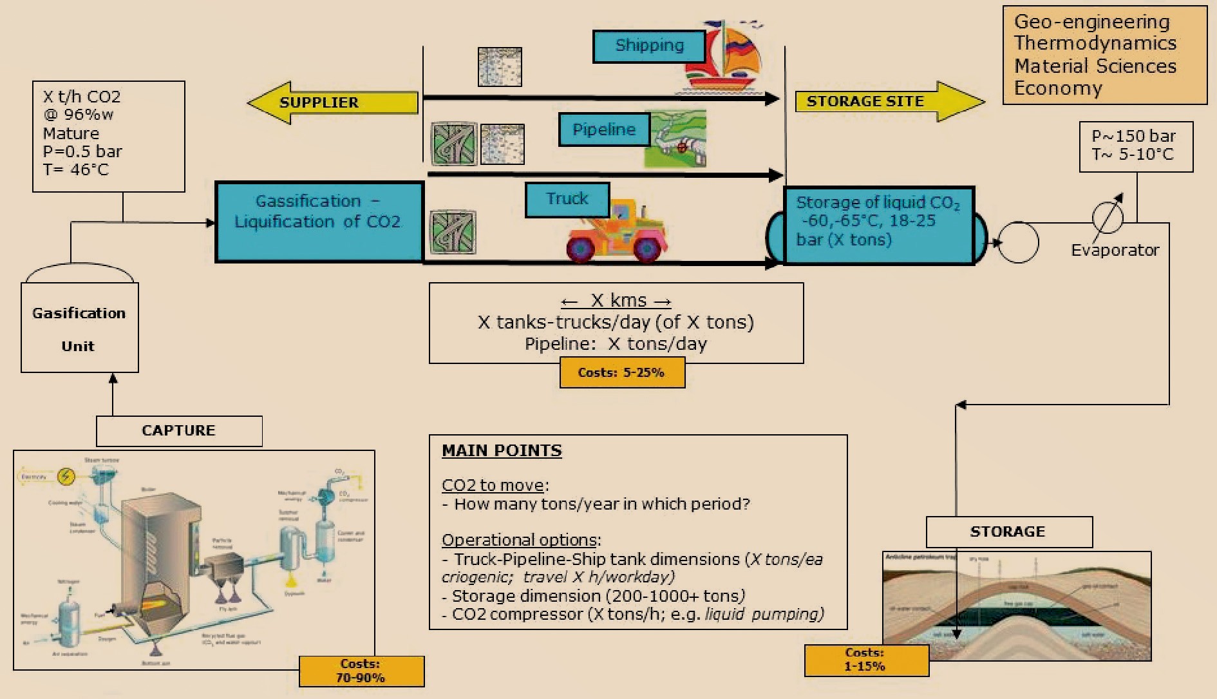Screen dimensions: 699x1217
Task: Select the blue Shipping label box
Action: coord(648,46)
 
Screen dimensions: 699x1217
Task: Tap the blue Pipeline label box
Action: coord(603,129)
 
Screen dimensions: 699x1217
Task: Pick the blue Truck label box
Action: coord(567,199)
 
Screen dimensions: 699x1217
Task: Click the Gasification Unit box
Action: coord(79,329)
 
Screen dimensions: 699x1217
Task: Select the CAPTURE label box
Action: coord(179,430)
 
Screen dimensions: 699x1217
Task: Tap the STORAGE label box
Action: coord(1008,531)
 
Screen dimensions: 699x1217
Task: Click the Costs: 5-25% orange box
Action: coord(621,373)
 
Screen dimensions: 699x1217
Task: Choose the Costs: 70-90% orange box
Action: coord(361,671)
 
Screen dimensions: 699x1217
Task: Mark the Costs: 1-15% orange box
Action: coord(865,660)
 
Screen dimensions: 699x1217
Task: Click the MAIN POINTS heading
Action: coord(502,451)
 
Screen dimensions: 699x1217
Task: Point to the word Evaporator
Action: coord(1115,250)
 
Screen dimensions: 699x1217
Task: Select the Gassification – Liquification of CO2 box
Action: coord(319,222)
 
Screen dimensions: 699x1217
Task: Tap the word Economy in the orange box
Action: coord(1058,88)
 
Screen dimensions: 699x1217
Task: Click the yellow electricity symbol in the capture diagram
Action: coord(66,477)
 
